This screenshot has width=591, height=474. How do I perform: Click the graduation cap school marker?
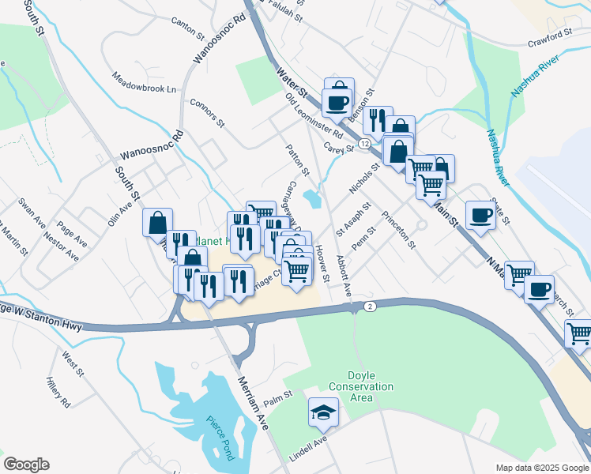[322, 412]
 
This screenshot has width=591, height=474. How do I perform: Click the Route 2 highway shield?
[369, 306]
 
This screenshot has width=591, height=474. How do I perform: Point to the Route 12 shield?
[363, 144]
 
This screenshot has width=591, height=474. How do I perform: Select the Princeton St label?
[398, 230]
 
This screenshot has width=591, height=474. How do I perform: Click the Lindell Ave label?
[307, 442]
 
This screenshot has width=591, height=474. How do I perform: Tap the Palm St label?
[278, 399]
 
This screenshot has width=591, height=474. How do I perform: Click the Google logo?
[26, 464]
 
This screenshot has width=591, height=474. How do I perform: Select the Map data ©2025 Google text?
[541, 467]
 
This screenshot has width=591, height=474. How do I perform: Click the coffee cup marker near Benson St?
[337, 102]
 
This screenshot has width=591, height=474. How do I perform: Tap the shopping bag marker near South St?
[157, 222]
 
